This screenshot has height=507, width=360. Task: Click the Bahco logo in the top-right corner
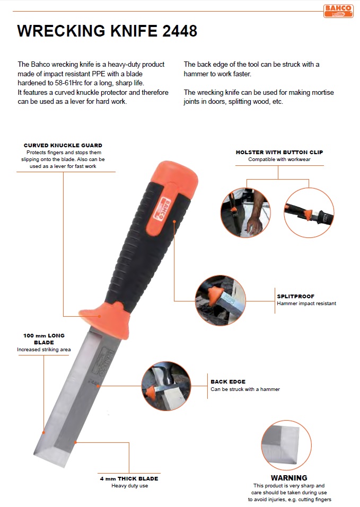[338, 11]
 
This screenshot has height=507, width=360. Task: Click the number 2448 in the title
[180, 31]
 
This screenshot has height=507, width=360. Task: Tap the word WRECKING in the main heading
[62, 31]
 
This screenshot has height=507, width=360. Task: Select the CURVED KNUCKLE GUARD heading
[63, 146]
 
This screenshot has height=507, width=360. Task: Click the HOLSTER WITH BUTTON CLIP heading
[279, 152]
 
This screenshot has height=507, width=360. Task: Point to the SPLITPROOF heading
[296, 297]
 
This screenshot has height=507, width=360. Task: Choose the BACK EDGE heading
[228, 382]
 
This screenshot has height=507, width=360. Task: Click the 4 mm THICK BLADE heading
[129, 478]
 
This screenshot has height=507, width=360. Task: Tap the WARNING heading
[289, 478]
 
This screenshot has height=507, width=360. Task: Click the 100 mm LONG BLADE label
[44, 339]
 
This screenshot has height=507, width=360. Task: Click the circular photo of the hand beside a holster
[245, 213]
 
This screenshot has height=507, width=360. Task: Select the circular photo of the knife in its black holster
[309, 213]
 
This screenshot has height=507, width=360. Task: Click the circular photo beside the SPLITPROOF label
[220, 300]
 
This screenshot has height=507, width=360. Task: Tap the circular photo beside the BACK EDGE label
[166, 386]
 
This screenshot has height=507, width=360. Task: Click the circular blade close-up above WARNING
[286, 445]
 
